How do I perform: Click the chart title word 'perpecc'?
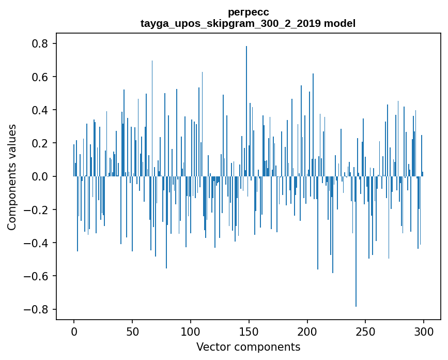click(248, 12)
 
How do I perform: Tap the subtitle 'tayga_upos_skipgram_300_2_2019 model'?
click(248, 23)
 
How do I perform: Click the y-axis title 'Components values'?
click(12, 177)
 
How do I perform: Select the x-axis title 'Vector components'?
click(248, 347)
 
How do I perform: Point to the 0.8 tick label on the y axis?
click(40, 44)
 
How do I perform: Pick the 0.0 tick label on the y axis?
click(40, 177)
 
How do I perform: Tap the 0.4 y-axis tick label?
click(40, 110)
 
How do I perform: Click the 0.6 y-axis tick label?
click(40, 77)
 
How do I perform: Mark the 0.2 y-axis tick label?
click(40, 143)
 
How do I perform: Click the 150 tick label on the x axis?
click(249, 331)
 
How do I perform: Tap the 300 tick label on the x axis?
click(424, 331)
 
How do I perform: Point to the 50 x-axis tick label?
click(132, 331)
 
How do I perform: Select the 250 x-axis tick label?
click(365, 331)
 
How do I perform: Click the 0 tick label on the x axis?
click(74, 331)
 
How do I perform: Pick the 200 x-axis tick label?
click(307, 331)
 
